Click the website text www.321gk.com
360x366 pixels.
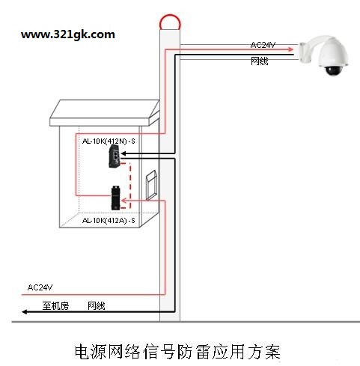[68, 34]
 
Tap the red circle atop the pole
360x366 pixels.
[170, 16]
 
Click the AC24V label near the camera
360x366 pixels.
[263, 45]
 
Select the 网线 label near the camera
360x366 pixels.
[260, 61]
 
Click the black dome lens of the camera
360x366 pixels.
[334, 71]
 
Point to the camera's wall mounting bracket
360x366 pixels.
[306, 52]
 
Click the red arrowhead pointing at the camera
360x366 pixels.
[290, 49]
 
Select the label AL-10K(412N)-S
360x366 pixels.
[109, 141]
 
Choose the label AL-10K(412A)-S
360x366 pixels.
[109, 221]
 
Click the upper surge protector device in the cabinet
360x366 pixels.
[115, 156]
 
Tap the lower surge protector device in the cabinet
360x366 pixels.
[115, 198]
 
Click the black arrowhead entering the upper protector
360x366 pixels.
[123, 153]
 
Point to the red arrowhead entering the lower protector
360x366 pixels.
[124, 201]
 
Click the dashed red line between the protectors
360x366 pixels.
[129, 186]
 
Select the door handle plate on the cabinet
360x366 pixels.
[151, 185]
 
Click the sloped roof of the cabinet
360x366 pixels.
[105, 113]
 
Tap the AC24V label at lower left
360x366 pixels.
[40, 287]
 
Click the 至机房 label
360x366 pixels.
[55, 306]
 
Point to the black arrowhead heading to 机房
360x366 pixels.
[25, 312]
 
